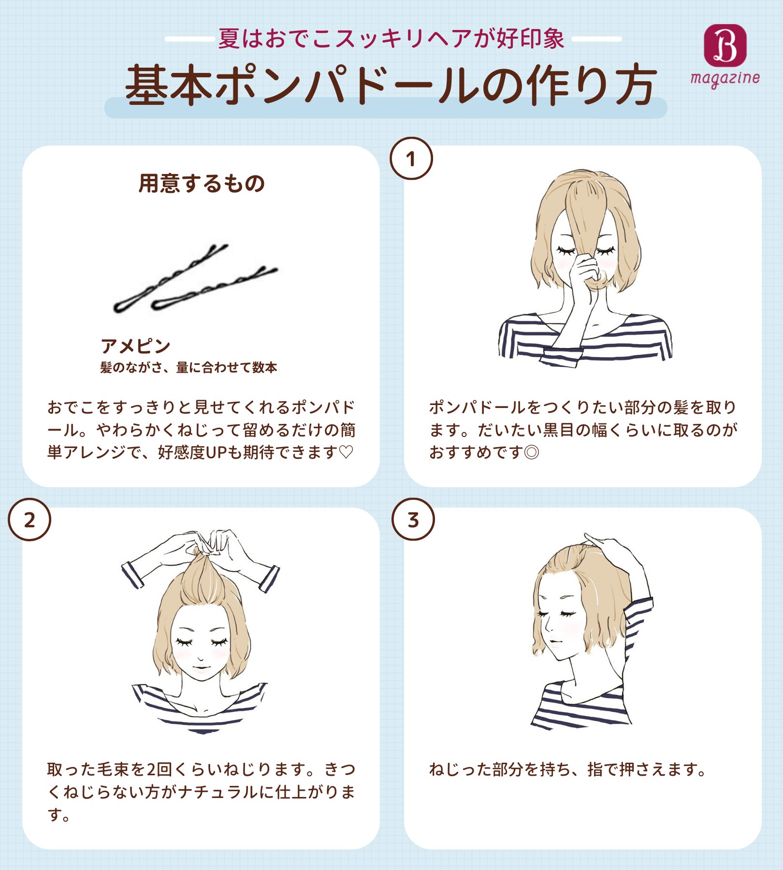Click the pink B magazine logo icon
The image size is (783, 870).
point(725,45)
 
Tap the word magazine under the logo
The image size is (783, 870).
point(725,78)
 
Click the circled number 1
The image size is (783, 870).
point(411,159)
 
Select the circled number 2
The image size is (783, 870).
point(29,520)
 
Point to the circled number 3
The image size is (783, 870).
point(413,520)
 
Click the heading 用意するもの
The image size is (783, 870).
point(202,184)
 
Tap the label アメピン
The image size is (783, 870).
point(135,346)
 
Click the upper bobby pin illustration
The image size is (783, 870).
point(169,278)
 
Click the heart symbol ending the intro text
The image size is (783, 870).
point(346,452)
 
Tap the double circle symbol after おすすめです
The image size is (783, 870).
point(531,452)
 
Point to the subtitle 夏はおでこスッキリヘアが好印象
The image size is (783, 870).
point(391,39)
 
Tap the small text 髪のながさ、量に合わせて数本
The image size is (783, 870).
point(188,367)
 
